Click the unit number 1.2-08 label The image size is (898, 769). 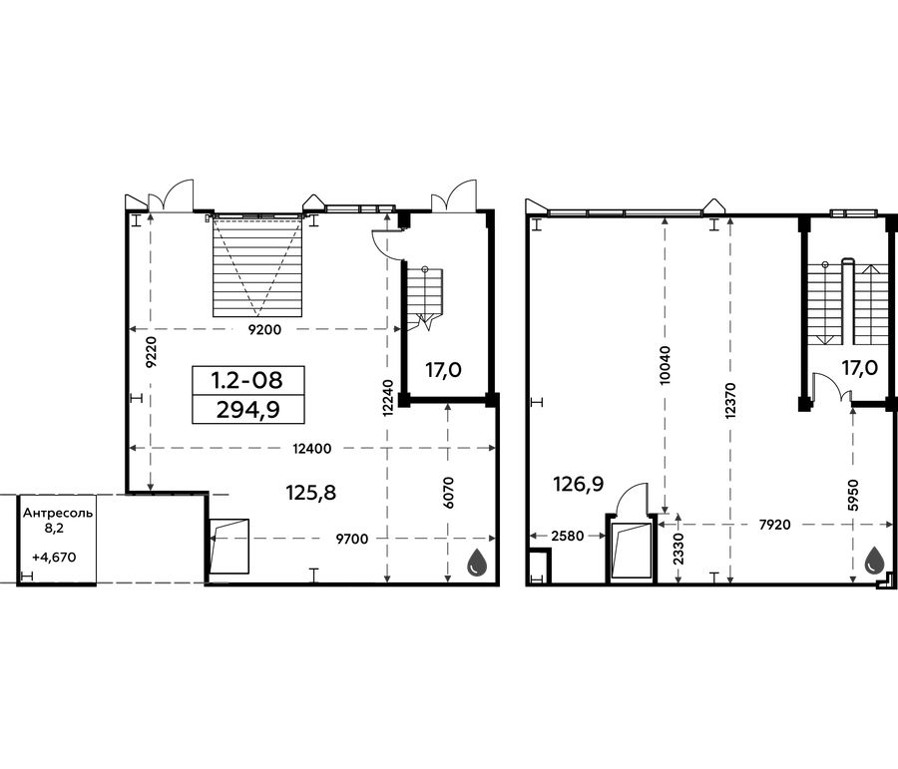pyautogui.click(x=247, y=380)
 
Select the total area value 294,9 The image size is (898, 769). pyautogui.click(x=248, y=409)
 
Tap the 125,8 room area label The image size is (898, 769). pyautogui.click(x=311, y=492)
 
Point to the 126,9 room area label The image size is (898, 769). pyautogui.click(x=579, y=485)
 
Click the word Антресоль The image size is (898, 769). pyautogui.click(x=57, y=513)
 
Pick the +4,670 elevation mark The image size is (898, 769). pyautogui.click(x=55, y=557)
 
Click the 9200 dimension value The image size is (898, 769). pyautogui.click(x=266, y=329)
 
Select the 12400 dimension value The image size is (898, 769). pyautogui.click(x=312, y=449)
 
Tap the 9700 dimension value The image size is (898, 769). pyautogui.click(x=352, y=539)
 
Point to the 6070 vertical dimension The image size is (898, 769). pyautogui.click(x=448, y=493)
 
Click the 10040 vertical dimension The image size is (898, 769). pyautogui.click(x=665, y=365)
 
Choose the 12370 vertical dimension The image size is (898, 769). pyautogui.click(x=729, y=401)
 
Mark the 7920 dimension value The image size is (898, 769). pyautogui.click(x=774, y=525)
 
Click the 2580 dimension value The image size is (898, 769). pyautogui.click(x=568, y=536)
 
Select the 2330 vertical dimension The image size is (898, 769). pyautogui.click(x=678, y=550)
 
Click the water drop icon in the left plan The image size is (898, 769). pyautogui.click(x=477, y=563)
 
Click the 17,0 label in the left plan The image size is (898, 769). pyautogui.click(x=443, y=370)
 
